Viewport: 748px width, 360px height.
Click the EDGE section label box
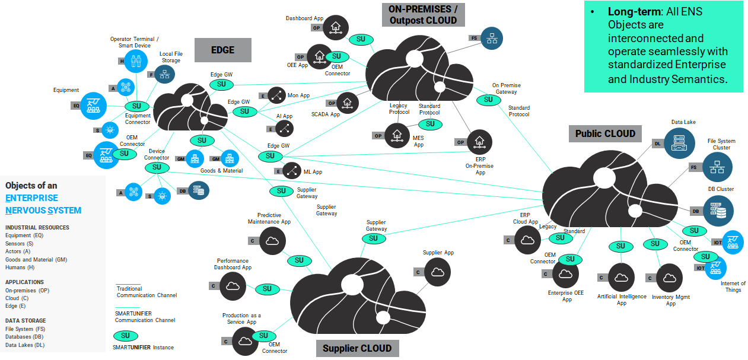pyautogui.click(x=223, y=50)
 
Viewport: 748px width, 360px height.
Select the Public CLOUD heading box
pyautogui.click(x=605, y=133)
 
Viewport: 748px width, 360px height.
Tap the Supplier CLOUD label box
pyautogui.click(x=357, y=348)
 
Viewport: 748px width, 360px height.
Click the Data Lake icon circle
pyautogui.click(x=679, y=143)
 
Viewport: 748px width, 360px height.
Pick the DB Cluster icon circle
pyautogui.click(x=718, y=211)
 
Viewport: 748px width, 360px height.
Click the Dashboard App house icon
pyautogui.click(x=335, y=27)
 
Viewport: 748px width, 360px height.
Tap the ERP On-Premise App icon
pyautogui.click(x=480, y=142)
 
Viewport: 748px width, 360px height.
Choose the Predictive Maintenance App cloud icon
pyautogui.click(x=272, y=241)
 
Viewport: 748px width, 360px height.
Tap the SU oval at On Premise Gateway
pyautogui.click(x=488, y=100)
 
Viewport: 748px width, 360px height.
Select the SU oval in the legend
pyautogui.click(x=126, y=336)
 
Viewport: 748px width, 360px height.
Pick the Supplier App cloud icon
pyautogui.click(x=438, y=272)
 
